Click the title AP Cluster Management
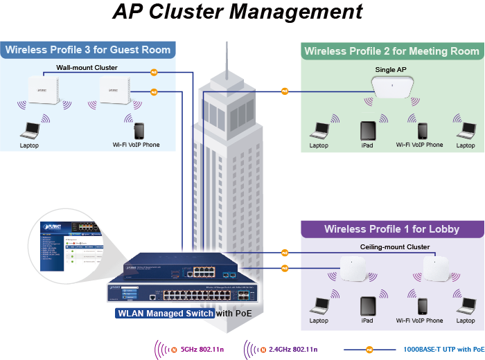pyautogui.click(x=238, y=12)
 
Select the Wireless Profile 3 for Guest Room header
pyautogui.click(x=87, y=50)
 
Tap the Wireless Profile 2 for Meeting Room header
pyautogui.click(x=391, y=51)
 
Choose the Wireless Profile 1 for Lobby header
pyautogui.click(x=391, y=229)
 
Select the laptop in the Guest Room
pyautogui.click(x=29, y=129)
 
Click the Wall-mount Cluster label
pyautogui.click(x=87, y=68)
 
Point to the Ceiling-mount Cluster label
pyautogui.click(x=395, y=247)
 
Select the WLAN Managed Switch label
pyautogui.click(x=165, y=313)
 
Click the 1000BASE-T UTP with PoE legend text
pyautogui.click(x=443, y=350)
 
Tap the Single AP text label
pyautogui.click(x=391, y=70)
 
